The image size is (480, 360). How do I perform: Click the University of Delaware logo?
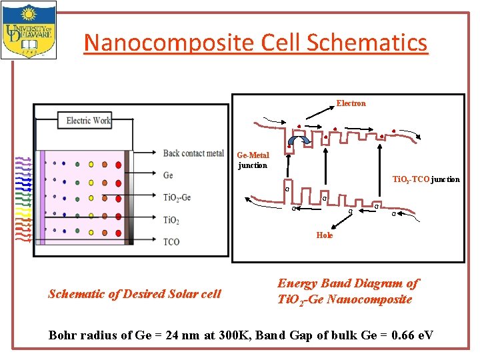point(29,30)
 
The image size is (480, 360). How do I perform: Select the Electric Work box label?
point(89,121)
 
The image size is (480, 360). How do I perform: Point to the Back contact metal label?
point(193,153)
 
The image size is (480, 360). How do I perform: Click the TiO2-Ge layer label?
point(177,197)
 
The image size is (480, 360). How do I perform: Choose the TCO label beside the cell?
point(171,241)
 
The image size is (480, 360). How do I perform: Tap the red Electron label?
point(351,103)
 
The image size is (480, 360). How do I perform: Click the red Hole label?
point(325,235)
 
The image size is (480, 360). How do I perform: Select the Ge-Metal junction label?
point(253,160)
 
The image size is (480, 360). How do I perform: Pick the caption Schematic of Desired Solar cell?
point(135,294)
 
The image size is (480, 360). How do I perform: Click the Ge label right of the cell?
point(168,175)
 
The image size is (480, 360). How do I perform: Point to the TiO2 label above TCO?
point(172,220)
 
